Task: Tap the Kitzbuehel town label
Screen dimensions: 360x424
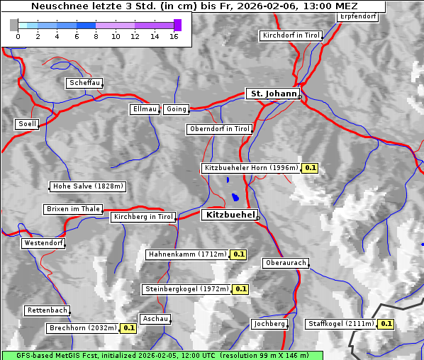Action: tap(229, 215)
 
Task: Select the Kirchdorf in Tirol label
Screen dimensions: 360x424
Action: tap(291, 35)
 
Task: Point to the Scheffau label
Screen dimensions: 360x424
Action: tap(84, 83)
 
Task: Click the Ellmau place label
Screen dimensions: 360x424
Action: tap(145, 109)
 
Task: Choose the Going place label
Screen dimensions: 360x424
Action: tap(176, 109)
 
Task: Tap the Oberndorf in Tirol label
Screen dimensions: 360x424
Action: tap(219, 129)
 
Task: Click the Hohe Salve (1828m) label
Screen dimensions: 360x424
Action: tap(88, 186)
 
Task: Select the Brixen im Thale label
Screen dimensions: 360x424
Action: tap(73, 209)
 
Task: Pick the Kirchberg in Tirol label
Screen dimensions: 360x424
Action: tap(143, 217)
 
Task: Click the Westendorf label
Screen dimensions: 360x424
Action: tap(43, 243)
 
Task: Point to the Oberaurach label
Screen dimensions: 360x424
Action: tap(285, 263)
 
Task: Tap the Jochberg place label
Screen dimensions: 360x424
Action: tap(269, 324)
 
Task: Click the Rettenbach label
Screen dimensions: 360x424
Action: tap(48, 310)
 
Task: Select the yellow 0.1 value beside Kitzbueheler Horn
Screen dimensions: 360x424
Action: tap(310, 168)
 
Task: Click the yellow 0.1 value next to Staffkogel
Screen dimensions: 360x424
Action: tap(386, 324)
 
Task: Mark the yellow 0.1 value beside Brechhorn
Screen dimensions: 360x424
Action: tap(128, 328)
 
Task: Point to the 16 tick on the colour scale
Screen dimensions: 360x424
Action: tap(174, 36)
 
